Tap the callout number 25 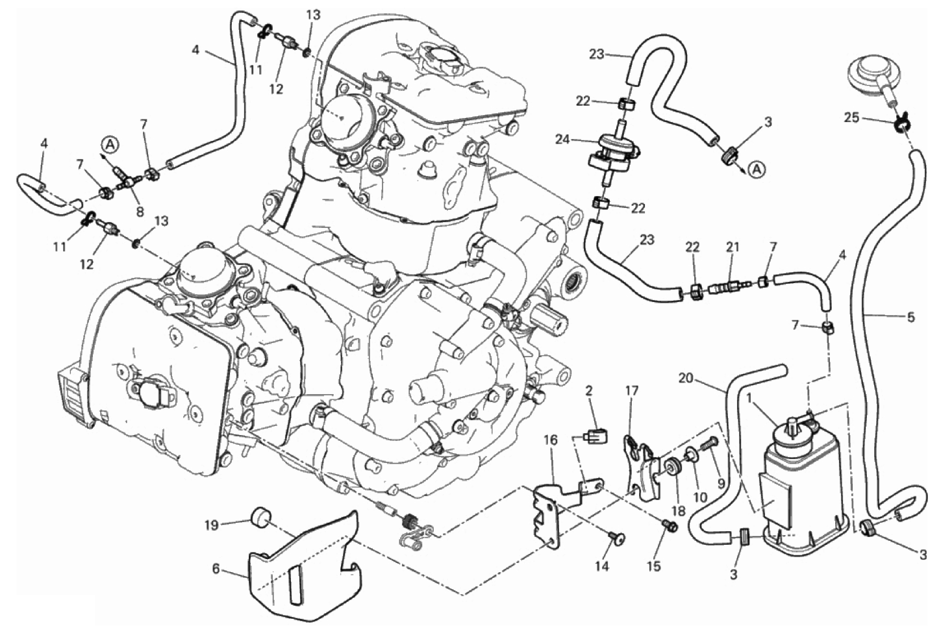(x=851, y=118)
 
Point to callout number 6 (x=216, y=570)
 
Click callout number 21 (x=733, y=247)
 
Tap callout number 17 (x=632, y=390)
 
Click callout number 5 (x=910, y=317)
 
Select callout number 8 (x=140, y=210)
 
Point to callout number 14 (x=602, y=566)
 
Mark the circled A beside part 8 (x=110, y=144)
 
